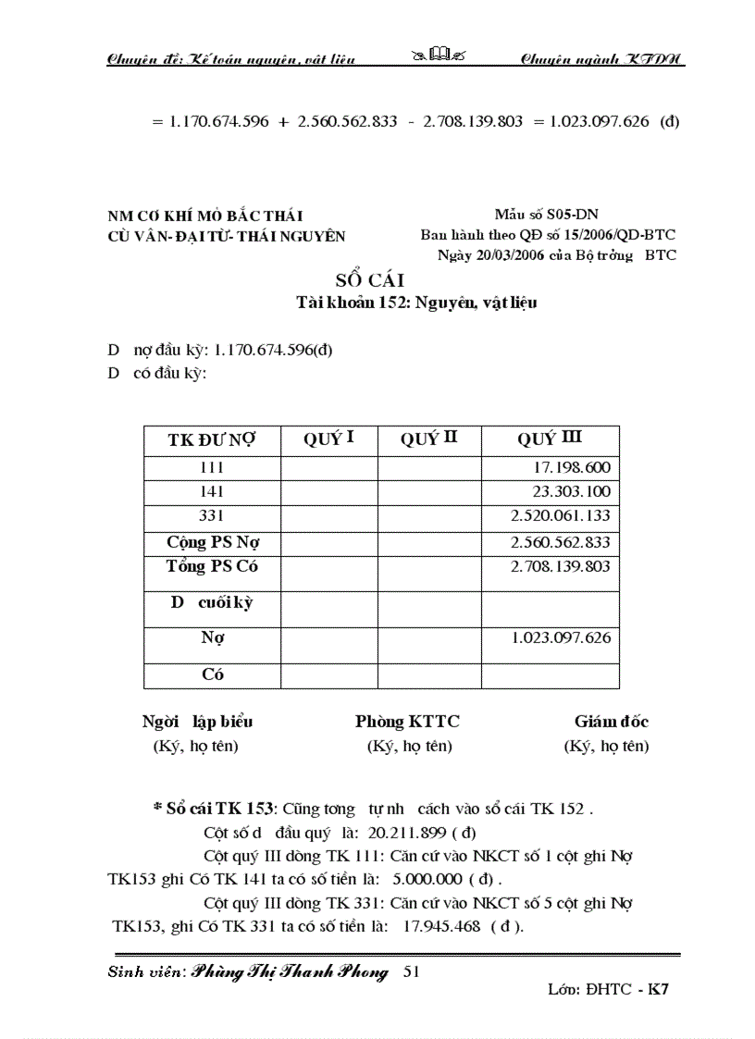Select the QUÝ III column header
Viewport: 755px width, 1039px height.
click(550, 439)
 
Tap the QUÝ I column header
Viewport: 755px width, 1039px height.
click(328, 439)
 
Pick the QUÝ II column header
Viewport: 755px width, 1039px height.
click(428, 439)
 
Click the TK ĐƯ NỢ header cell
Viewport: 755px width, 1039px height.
click(212, 440)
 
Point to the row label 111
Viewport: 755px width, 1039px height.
click(212, 468)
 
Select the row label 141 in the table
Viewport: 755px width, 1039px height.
click(212, 492)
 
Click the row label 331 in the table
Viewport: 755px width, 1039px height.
click(212, 515)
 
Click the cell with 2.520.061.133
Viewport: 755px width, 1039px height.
click(561, 515)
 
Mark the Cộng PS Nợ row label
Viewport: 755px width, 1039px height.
click(212, 541)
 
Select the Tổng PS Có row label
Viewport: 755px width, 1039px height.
click(212, 565)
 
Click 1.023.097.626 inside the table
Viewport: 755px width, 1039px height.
click(561, 637)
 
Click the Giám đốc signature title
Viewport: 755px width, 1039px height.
click(611, 722)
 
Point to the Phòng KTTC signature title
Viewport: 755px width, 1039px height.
click(407, 722)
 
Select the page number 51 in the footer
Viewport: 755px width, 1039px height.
click(413, 971)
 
